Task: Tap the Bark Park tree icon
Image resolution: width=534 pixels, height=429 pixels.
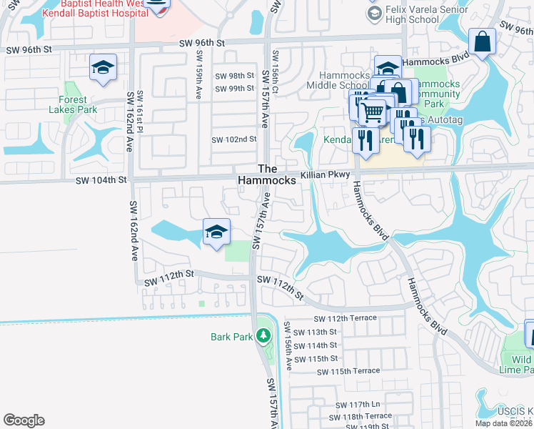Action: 263,335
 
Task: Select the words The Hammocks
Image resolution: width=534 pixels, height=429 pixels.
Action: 266,174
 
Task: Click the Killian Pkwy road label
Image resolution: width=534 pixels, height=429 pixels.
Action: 326,174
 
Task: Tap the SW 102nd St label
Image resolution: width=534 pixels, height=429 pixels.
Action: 233,139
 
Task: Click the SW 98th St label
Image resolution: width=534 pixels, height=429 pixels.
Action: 234,76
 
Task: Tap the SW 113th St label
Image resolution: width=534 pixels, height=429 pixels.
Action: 316,332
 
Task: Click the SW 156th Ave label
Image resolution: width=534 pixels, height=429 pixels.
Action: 288,345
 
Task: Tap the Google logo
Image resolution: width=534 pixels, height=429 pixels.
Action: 24,420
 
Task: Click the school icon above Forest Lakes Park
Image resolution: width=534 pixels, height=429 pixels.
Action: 103,68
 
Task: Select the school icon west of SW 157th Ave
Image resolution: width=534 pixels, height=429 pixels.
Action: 216,232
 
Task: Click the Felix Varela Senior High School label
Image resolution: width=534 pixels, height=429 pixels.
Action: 412,14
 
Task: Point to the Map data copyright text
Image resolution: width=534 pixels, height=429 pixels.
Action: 503,423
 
